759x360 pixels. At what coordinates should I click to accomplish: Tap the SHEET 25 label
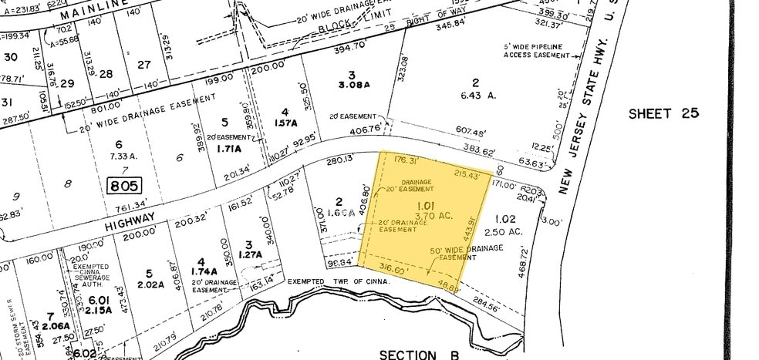point(663,113)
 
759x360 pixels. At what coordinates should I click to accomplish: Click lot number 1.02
point(506,217)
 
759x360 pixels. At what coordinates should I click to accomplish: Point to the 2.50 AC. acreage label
point(508,231)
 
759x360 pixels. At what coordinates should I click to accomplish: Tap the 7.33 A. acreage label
point(117,156)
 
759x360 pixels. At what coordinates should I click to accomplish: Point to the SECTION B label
point(419,354)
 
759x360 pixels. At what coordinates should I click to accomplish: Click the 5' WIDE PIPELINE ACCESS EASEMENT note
point(533,51)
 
